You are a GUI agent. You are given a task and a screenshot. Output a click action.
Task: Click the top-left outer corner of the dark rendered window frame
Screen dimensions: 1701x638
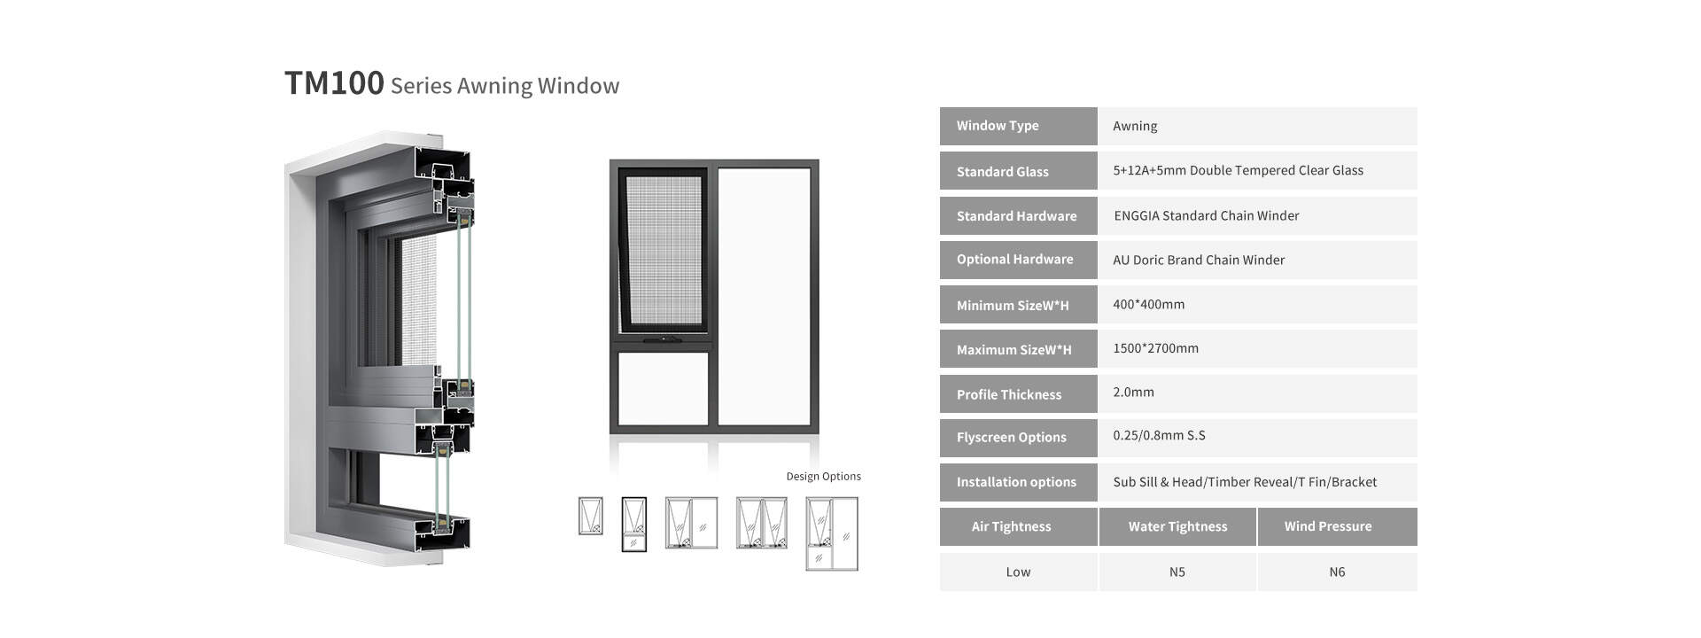(x=610, y=159)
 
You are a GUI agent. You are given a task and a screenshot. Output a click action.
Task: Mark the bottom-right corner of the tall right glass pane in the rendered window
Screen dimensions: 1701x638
(x=811, y=425)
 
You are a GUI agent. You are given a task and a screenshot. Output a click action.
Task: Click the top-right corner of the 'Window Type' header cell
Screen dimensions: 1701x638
(x=1097, y=107)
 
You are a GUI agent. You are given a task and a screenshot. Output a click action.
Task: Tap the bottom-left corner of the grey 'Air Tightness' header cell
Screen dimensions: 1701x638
(x=940, y=546)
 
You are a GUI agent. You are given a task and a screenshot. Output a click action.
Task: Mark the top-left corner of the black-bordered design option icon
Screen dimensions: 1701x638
(x=622, y=497)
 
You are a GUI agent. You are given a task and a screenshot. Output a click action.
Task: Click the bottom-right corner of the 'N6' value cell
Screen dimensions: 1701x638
(x=1417, y=591)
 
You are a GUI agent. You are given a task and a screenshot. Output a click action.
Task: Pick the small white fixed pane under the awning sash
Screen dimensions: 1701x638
(x=663, y=388)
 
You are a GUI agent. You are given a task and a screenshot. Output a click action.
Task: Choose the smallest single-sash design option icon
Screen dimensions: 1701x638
(x=590, y=516)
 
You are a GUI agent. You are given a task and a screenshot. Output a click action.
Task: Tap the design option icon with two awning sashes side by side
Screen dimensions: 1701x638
(x=762, y=523)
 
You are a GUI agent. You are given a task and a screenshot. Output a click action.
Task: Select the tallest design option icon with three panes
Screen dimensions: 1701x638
(x=832, y=533)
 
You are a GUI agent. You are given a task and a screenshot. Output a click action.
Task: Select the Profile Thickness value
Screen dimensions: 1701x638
(x=1133, y=392)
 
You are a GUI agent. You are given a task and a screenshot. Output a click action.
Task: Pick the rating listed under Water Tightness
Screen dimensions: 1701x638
(x=1177, y=572)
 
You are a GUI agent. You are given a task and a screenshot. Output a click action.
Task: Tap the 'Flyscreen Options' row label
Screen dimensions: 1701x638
(x=1012, y=437)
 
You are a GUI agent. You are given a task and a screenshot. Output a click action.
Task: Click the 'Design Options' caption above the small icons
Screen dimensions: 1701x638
(x=824, y=476)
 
